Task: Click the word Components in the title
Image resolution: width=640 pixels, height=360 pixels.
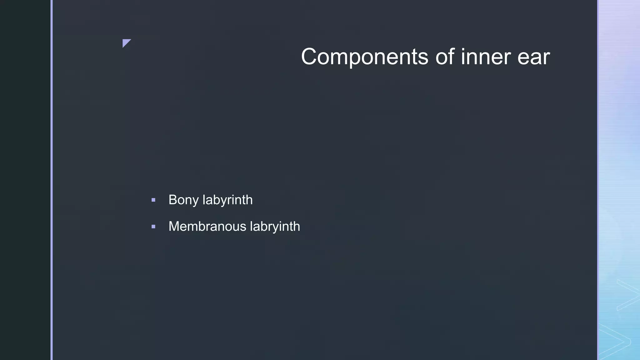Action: pyautogui.click(x=365, y=57)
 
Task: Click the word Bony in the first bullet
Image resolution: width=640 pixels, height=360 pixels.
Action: pyautogui.click(x=183, y=200)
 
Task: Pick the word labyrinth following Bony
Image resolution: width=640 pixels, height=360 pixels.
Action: pyautogui.click(x=227, y=200)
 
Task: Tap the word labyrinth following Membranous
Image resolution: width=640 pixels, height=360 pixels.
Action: pyautogui.click(x=275, y=226)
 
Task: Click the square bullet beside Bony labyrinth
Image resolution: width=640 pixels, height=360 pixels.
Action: pyautogui.click(x=153, y=200)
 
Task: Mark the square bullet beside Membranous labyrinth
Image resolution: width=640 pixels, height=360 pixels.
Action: pyautogui.click(x=153, y=227)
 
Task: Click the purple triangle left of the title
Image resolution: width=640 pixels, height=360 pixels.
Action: pyautogui.click(x=126, y=42)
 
